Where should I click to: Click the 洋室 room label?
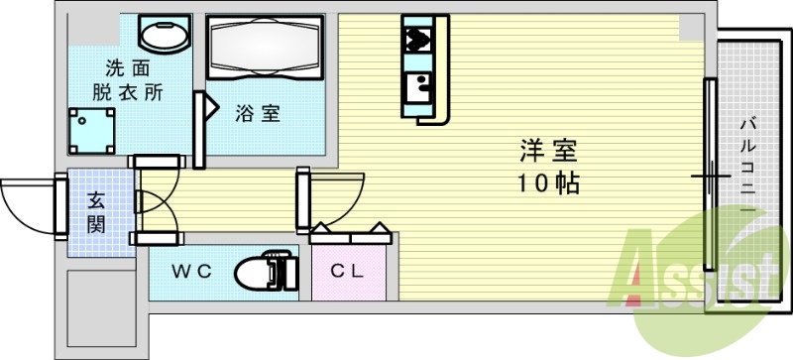click(548, 152)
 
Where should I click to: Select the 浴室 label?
click(257, 114)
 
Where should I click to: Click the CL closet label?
click(347, 271)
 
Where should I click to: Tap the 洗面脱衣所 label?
click(128, 81)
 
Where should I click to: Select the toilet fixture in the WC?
click(265, 270)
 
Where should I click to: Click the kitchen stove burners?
click(417, 41)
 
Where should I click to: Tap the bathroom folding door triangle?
click(211, 107)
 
